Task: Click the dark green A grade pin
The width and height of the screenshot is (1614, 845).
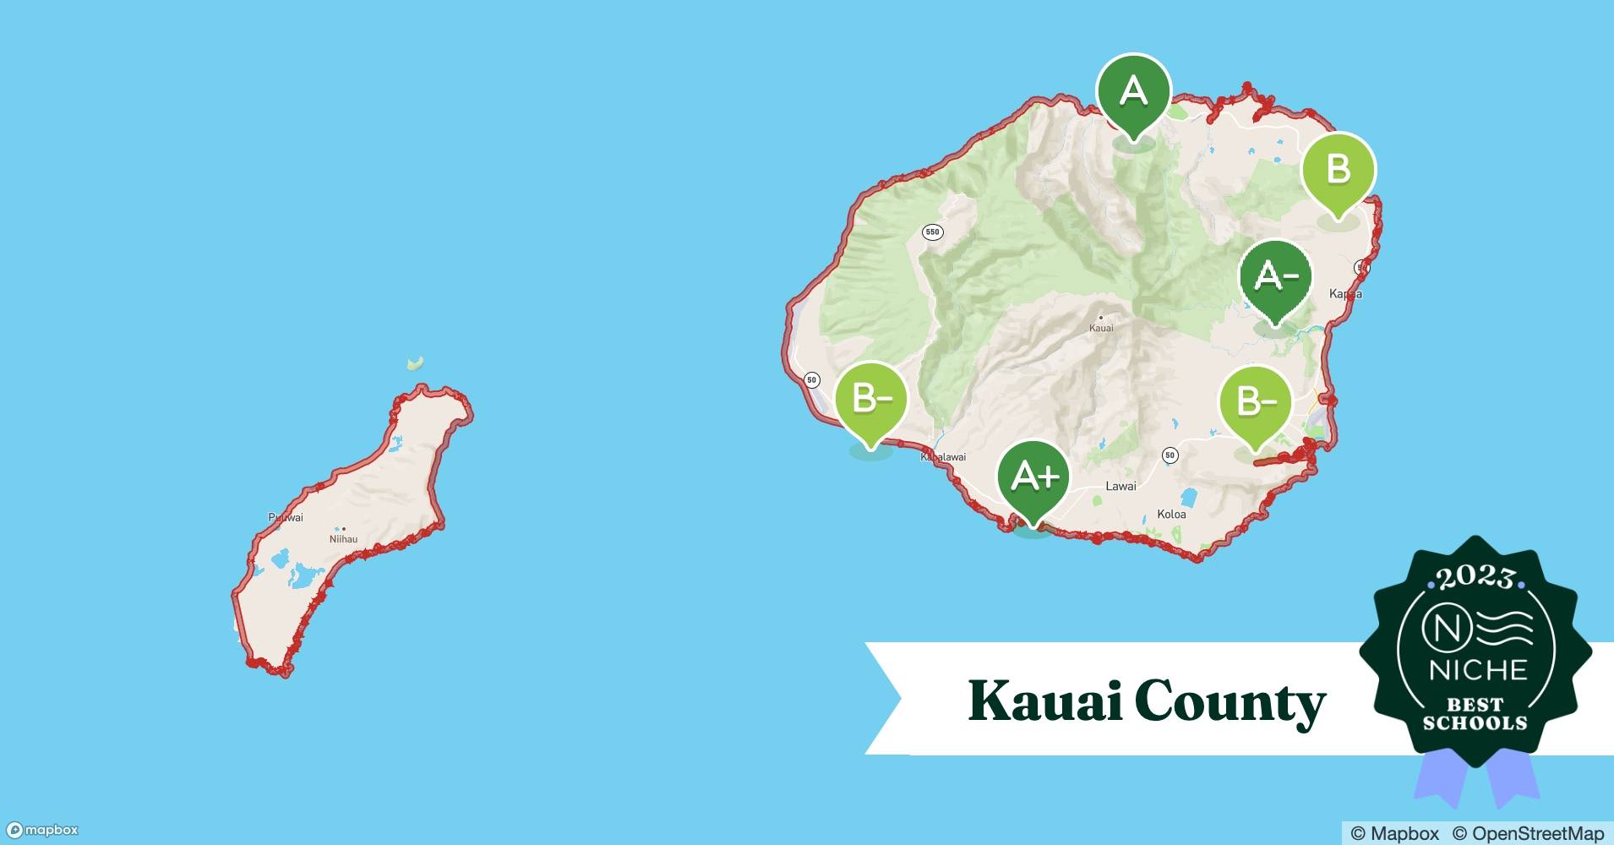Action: [1133, 91]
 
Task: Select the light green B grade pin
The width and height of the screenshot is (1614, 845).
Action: [1338, 169]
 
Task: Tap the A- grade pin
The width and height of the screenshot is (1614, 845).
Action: [1275, 276]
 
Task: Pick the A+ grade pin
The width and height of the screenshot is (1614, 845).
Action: [1033, 477]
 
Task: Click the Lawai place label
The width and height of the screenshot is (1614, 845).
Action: [1121, 486]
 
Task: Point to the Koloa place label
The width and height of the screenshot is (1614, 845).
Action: [1171, 514]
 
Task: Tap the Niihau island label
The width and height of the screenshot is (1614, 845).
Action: [343, 538]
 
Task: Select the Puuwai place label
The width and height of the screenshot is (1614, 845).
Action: [286, 517]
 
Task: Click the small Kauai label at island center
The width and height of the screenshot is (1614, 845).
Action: [1101, 327]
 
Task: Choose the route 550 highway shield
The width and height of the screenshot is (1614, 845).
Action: [932, 232]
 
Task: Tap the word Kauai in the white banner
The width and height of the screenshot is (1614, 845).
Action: [1038, 701]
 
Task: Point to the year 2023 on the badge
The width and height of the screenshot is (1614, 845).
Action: [1475, 578]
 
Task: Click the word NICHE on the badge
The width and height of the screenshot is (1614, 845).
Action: [1478, 671]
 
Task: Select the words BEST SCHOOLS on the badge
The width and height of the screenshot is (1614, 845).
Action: [1475, 714]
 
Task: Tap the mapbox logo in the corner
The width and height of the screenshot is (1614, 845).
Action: [42, 830]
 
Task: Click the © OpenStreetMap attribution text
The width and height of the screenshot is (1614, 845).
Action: [1527, 833]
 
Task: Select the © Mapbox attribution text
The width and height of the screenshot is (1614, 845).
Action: [1394, 833]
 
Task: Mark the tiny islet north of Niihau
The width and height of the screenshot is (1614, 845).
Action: [415, 363]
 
